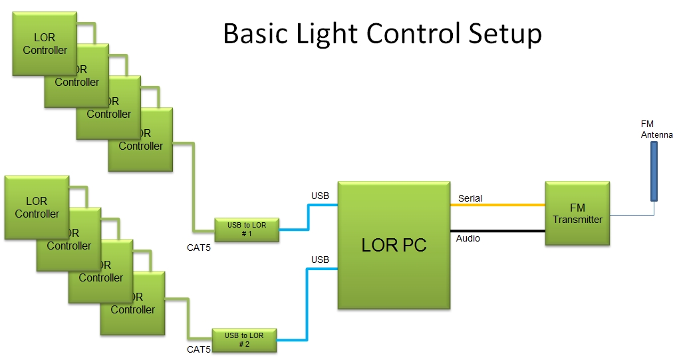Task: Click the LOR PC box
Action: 394,245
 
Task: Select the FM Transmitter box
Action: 577,214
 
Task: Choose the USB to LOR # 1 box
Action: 246,230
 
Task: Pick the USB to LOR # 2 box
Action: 244,340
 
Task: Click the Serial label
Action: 470,198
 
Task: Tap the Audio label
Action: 468,238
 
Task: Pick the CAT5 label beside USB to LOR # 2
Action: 199,349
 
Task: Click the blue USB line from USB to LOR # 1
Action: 308,217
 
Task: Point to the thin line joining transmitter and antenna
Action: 632,215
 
